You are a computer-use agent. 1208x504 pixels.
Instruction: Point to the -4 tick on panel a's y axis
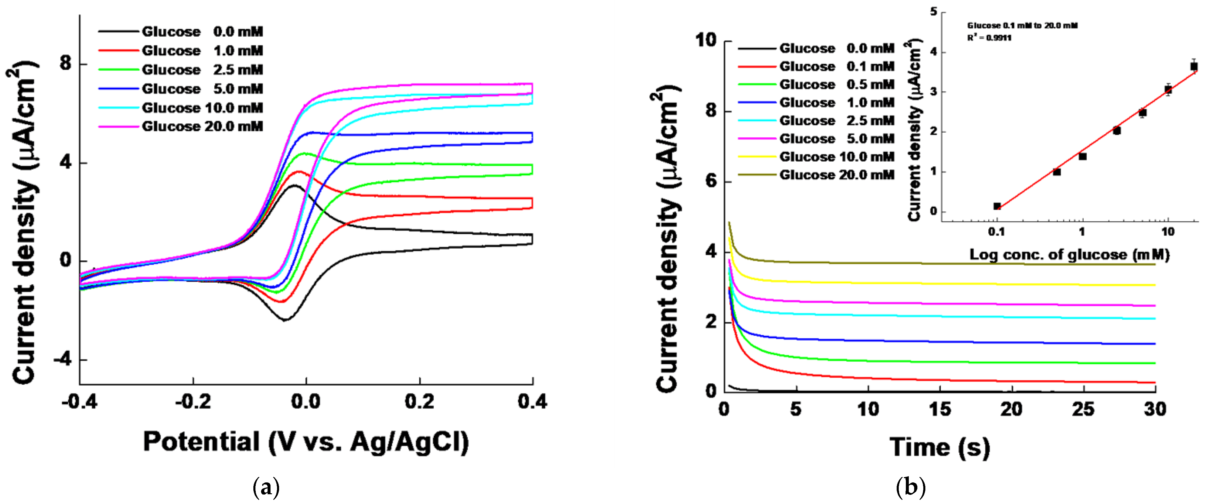(x=63, y=360)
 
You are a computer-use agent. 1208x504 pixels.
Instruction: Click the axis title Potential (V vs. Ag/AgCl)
(x=306, y=442)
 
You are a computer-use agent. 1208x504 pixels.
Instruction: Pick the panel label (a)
(x=266, y=488)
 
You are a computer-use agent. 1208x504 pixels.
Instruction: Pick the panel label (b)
(x=910, y=488)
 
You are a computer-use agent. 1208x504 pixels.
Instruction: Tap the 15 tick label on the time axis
(x=940, y=409)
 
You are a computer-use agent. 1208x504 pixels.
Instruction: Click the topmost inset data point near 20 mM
(x=1194, y=66)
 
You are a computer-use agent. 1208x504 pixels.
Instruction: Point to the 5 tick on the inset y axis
(x=933, y=12)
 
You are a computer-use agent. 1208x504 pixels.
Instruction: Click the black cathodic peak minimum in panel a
(x=285, y=320)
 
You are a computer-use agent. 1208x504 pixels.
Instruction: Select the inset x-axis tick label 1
(x=1082, y=231)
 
